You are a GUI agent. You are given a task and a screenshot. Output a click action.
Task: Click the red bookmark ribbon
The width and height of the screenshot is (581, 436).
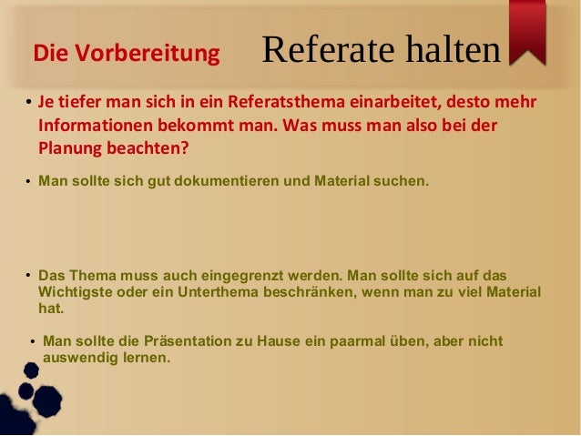click(x=527, y=31)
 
